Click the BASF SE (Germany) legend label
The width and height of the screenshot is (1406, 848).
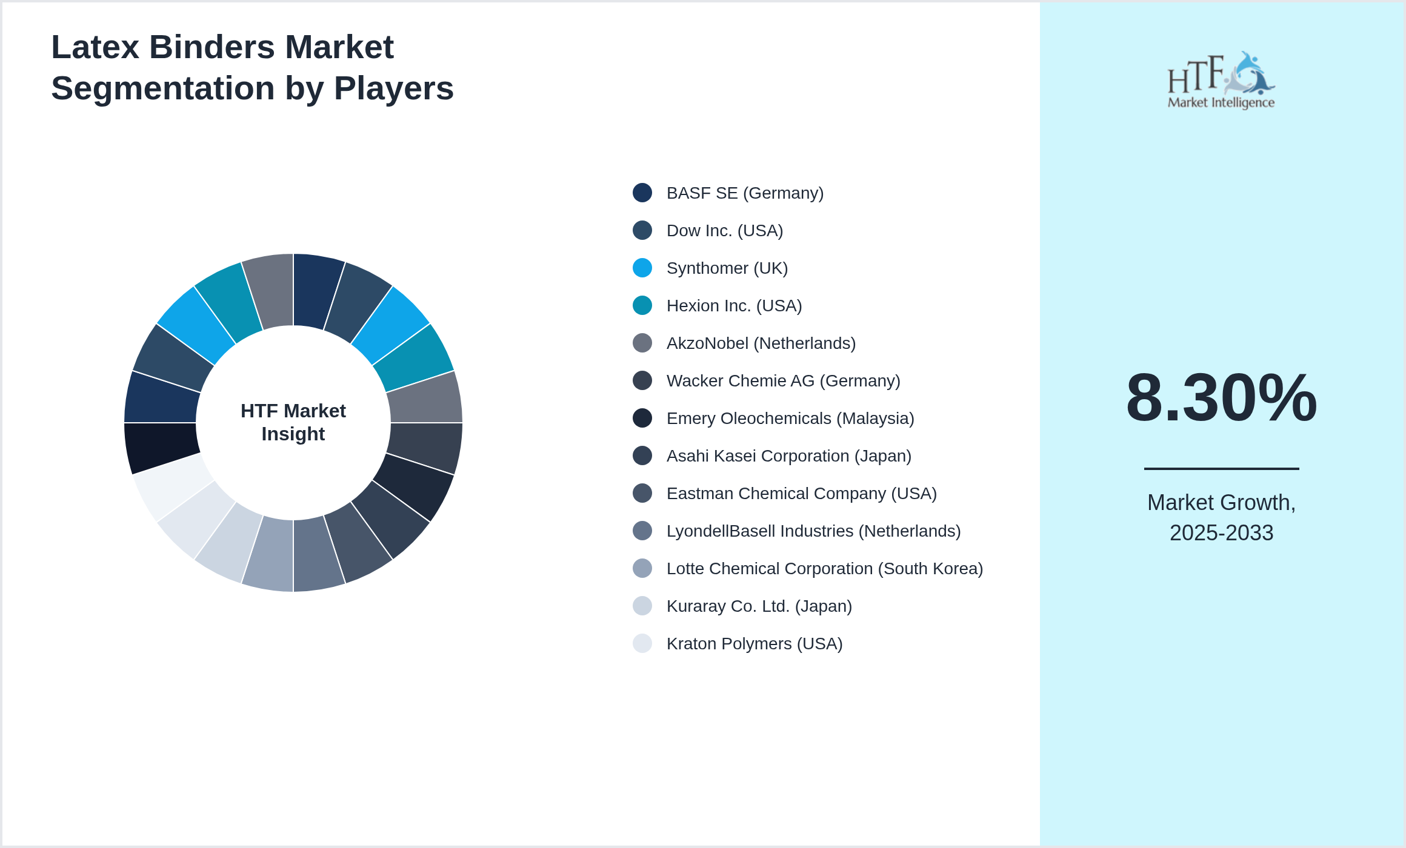click(744, 193)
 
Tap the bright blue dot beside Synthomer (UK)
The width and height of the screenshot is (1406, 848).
click(642, 268)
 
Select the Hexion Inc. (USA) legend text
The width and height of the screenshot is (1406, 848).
click(734, 306)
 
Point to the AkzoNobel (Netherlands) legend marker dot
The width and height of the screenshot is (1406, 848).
click(642, 343)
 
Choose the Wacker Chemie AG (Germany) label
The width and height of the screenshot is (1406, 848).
click(783, 381)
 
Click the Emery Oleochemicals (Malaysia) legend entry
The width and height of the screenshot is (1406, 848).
click(790, 419)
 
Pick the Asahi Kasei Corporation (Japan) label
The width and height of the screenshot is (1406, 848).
click(788, 456)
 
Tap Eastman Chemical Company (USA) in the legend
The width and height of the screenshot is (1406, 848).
click(801, 494)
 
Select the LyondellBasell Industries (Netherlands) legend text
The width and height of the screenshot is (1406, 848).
click(813, 531)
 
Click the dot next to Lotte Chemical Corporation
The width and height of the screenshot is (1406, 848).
click(642, 568)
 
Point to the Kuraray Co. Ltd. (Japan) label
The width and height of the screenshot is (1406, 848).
click(759, 606)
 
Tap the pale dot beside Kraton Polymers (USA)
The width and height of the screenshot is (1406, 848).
click(642, 643)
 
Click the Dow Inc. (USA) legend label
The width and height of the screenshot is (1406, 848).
click(724, 231)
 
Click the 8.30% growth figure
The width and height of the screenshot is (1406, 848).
click(1221, 398)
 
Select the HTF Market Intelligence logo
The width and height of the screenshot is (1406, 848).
click(1221, 81)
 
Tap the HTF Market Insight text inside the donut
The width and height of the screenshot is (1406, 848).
click(293, 422)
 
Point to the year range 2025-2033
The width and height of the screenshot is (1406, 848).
click(1221, 533)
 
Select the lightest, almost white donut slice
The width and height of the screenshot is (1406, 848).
click(172, 485)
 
